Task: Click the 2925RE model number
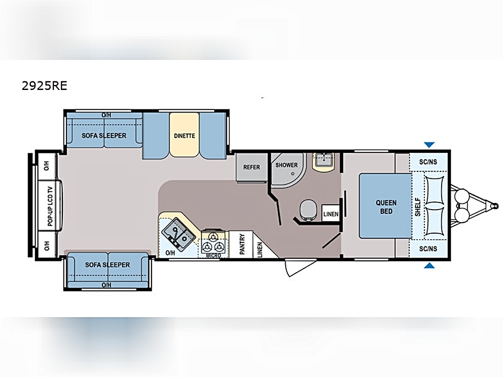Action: (44, 85)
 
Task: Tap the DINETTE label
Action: (185, 136)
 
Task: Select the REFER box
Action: (251, 167)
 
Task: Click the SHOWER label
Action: (287, 165)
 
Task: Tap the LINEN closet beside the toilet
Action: (331, 214)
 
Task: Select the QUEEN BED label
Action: (386, 207)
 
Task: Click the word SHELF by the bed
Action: (417, 207)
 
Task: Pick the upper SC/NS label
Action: (428, 162)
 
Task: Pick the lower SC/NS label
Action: (428, 249)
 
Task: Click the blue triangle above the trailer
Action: (429, 145)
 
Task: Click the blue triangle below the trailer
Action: (429, 265)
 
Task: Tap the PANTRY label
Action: (242, 244)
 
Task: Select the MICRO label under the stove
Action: (213, 255)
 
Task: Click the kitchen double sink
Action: (179, 234)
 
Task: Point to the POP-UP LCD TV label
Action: (50, 206)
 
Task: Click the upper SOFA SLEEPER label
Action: (104, 136)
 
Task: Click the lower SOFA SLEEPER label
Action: (108, 265)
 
